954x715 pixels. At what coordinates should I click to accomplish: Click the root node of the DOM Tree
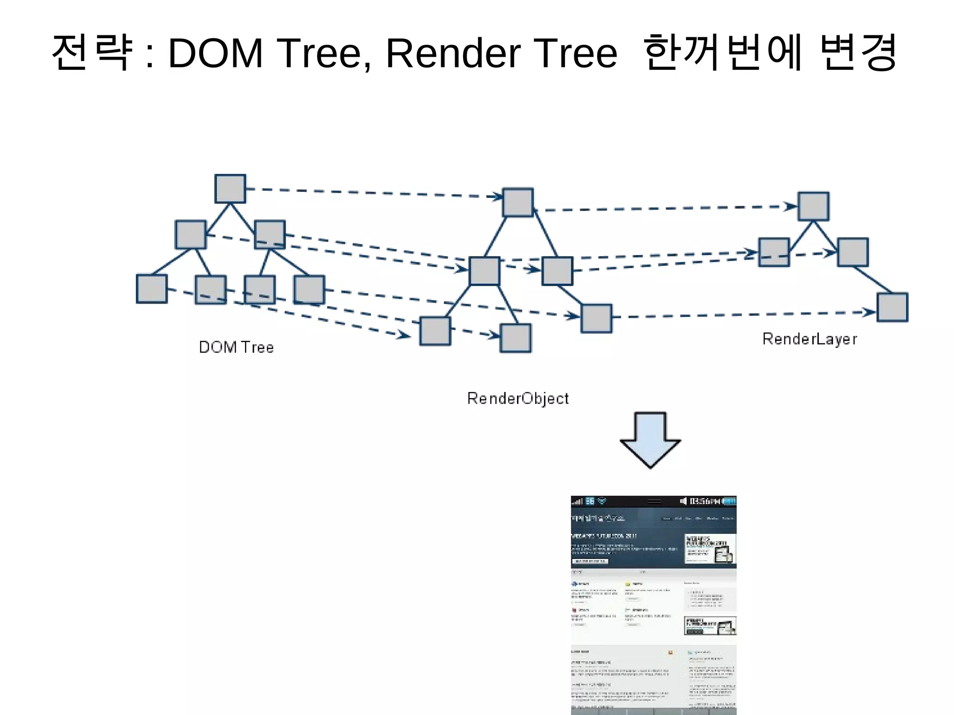tap(230, 189)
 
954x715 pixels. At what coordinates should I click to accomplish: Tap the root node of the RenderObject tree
tap(518, 202)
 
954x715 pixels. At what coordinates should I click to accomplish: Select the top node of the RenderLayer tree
tap(813, 206)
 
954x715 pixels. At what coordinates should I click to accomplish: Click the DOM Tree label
tap(236, 347)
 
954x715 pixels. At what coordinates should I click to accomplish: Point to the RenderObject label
tap(518, 398)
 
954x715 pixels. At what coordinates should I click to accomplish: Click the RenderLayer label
tap(810, 339)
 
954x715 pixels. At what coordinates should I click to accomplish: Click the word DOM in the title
tap(216, 53)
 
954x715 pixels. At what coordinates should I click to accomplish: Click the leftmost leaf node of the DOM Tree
tap(151, 289)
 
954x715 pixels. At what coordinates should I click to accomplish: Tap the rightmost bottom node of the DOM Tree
tap(309, 290)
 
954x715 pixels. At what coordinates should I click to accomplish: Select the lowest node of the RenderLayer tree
tap(892, 307)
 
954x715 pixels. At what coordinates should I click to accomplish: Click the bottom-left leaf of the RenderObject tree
tap(435, 331)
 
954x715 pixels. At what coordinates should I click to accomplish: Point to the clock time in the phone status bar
tap(703, 501)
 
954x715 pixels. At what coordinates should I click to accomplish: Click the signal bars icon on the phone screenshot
tap(578, 501)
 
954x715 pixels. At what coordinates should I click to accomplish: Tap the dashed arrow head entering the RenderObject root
tap(497, 197)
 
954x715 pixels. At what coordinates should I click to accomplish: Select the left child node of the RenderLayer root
tap(774, 252)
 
